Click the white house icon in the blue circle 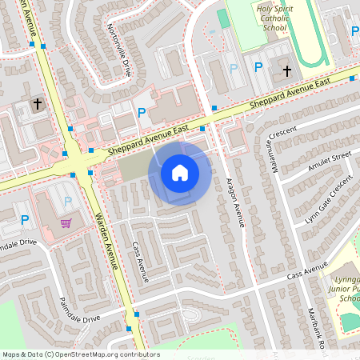(180, 173)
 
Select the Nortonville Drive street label (118, 48)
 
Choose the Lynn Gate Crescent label (328, 200)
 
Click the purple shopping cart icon (66, 223)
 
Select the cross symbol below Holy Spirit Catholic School (287, 71)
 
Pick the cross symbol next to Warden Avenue (37, 104)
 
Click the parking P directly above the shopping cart (67, 201)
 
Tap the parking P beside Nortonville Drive (142, 114)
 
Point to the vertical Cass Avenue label (141, 263)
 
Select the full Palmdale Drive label (79, 310)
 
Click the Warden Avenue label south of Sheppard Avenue (108, 239)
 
